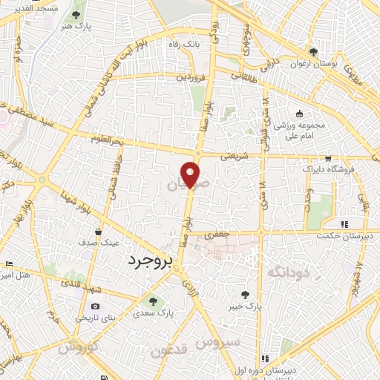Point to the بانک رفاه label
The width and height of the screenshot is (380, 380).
click(185, 45)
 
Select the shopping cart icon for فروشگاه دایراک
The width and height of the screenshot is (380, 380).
click(327, 159)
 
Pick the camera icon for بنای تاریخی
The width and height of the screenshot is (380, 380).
click(95, 306)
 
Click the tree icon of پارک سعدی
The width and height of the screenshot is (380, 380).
click(153, 301)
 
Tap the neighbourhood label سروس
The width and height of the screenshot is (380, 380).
click(217, 342)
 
